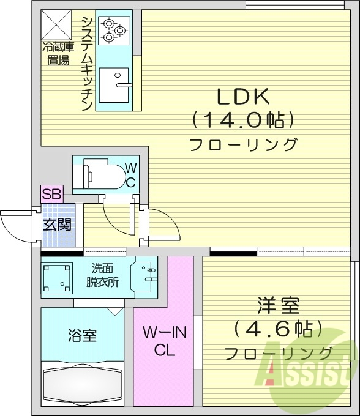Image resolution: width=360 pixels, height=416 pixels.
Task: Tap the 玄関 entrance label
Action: coord(56,224)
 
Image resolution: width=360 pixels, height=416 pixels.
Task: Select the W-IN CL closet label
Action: coord(164,341)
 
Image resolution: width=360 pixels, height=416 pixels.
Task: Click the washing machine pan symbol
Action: coord(58,277)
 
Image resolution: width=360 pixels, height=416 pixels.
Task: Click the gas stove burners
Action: coord(113,30)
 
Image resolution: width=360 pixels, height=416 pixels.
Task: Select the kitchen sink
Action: coord(115,85)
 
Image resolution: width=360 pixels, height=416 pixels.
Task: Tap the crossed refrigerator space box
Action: coord(56,26)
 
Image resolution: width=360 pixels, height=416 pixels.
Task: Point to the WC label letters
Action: coord(131,174)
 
